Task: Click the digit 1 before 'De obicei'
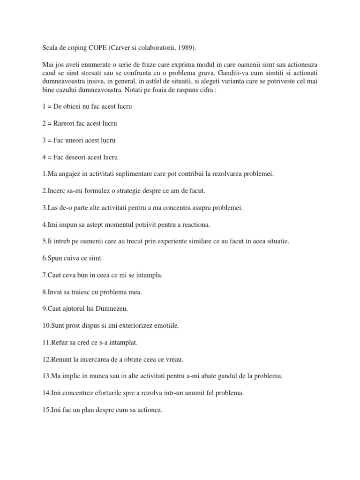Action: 43,106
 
